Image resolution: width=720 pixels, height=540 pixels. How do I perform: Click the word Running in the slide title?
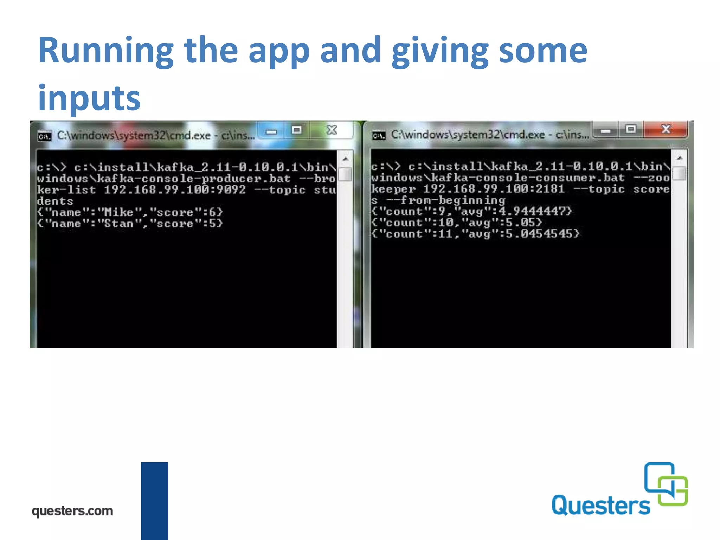click(x=105, y=51)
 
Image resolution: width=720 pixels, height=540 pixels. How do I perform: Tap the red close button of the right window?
click(x=666, y=129)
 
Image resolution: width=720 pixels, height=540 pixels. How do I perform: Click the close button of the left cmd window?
click(x=332, y=130)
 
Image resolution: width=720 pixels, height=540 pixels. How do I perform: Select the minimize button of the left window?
click(x=271, y=131)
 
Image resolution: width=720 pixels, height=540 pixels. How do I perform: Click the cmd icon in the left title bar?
click(x=45, y=136)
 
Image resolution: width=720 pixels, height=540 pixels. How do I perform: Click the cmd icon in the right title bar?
click(x=379, y=135)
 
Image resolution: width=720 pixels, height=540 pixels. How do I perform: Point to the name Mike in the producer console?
click(x=118, y=212)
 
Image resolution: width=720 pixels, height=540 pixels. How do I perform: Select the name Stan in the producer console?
click(x=118, y=224)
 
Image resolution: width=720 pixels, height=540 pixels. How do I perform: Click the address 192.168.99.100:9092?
click(x=175, y=190)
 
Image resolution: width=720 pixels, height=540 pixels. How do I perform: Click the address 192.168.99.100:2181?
click(x=494, y=189)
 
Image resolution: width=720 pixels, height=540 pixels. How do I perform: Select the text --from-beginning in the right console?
click(x=445, y=200)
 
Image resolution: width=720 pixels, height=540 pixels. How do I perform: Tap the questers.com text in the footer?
click(x=72, y=511)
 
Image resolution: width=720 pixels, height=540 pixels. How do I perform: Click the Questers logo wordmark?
click(x=601, y=505)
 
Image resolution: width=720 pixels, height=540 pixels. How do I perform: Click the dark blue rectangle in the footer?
click(x=154, y=501)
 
